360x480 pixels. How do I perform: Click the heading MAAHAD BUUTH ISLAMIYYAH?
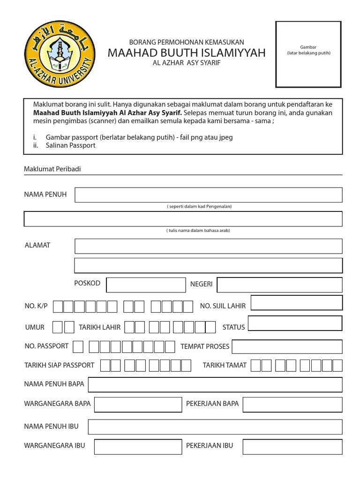(x=187, y=52)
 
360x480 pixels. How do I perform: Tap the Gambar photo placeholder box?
(x=308, y=54)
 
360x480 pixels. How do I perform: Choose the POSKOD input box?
(x=146, y=285)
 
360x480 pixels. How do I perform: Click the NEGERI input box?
(x=279, y=285)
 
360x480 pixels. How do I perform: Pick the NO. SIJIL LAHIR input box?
(x=296, y=303)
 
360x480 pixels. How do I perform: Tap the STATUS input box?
(x=295, y=323)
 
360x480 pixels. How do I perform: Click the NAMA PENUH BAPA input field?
(x=215, y=384)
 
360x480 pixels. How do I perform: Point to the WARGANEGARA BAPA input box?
(x=138, y=404)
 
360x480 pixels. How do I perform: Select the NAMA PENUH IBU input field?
(x=215, y=427)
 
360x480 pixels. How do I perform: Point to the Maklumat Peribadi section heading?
(x=52, y=169)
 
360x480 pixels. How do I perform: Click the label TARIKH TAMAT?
(x=225, y=365)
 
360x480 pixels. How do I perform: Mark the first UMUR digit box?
(x=58, y=327)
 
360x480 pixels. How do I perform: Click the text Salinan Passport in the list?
(x=71, y=145)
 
